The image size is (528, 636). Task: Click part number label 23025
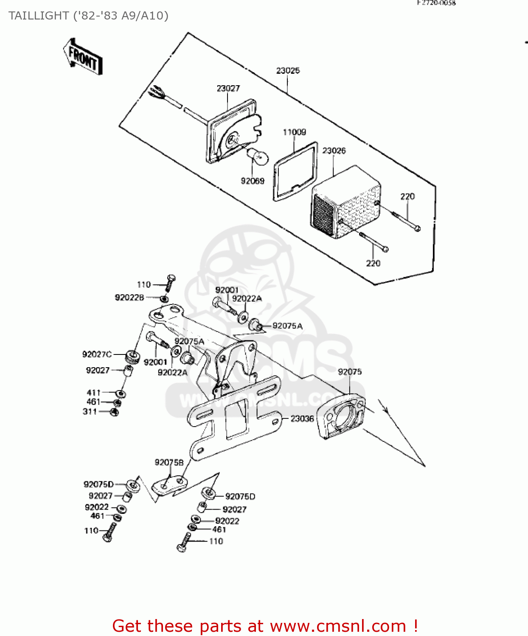[288, 70]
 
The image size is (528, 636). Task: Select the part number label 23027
[228, 88]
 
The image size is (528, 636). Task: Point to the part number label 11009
[294, 132]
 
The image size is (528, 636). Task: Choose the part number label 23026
[334, 151]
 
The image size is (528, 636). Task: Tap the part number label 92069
[253, 181]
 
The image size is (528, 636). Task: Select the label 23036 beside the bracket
[302, 418]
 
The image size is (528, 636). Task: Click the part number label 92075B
[169, 462]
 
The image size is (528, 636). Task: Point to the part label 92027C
[97, 354]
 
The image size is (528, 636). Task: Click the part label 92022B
[129, 298]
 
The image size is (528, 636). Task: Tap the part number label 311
[90, 411]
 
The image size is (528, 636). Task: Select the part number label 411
[93, 393]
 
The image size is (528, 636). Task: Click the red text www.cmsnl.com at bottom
[338, 626]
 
